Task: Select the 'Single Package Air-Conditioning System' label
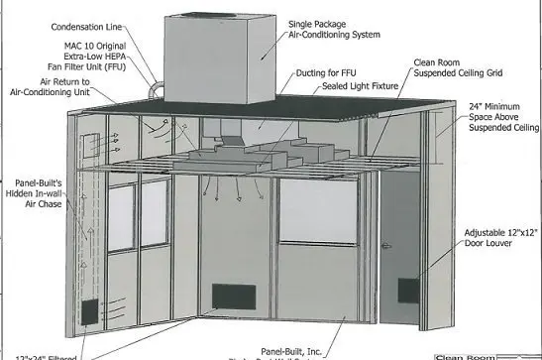(332, 30)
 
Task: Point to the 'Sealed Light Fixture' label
(359, 86)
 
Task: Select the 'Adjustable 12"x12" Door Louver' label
(501, 239)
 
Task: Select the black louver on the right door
(408, 291)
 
